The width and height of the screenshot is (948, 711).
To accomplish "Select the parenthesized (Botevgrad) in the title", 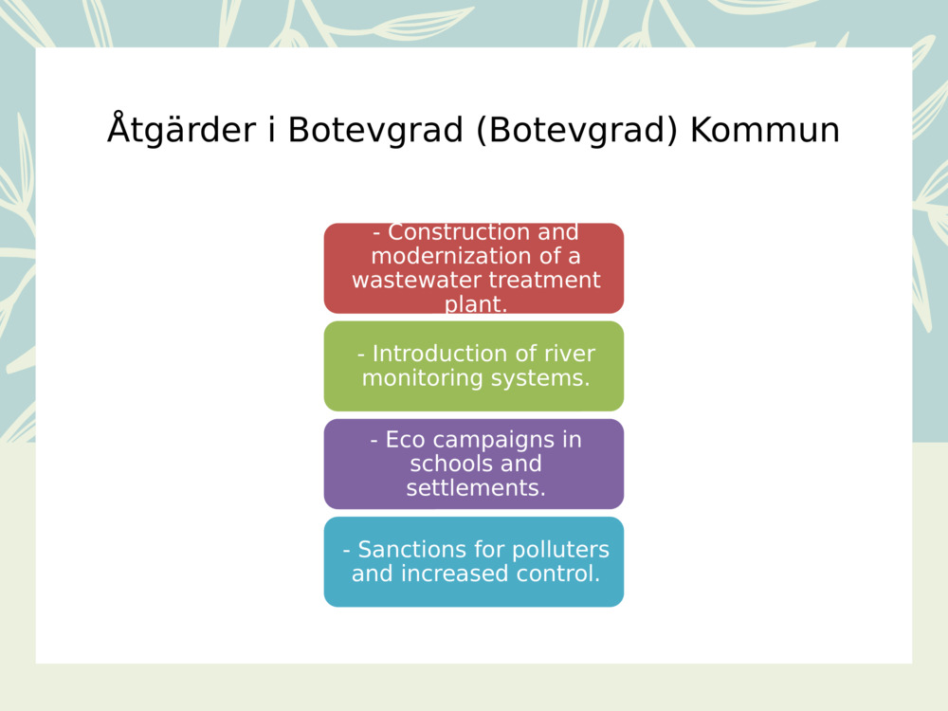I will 575,131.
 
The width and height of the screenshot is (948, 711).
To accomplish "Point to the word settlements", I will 475,488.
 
